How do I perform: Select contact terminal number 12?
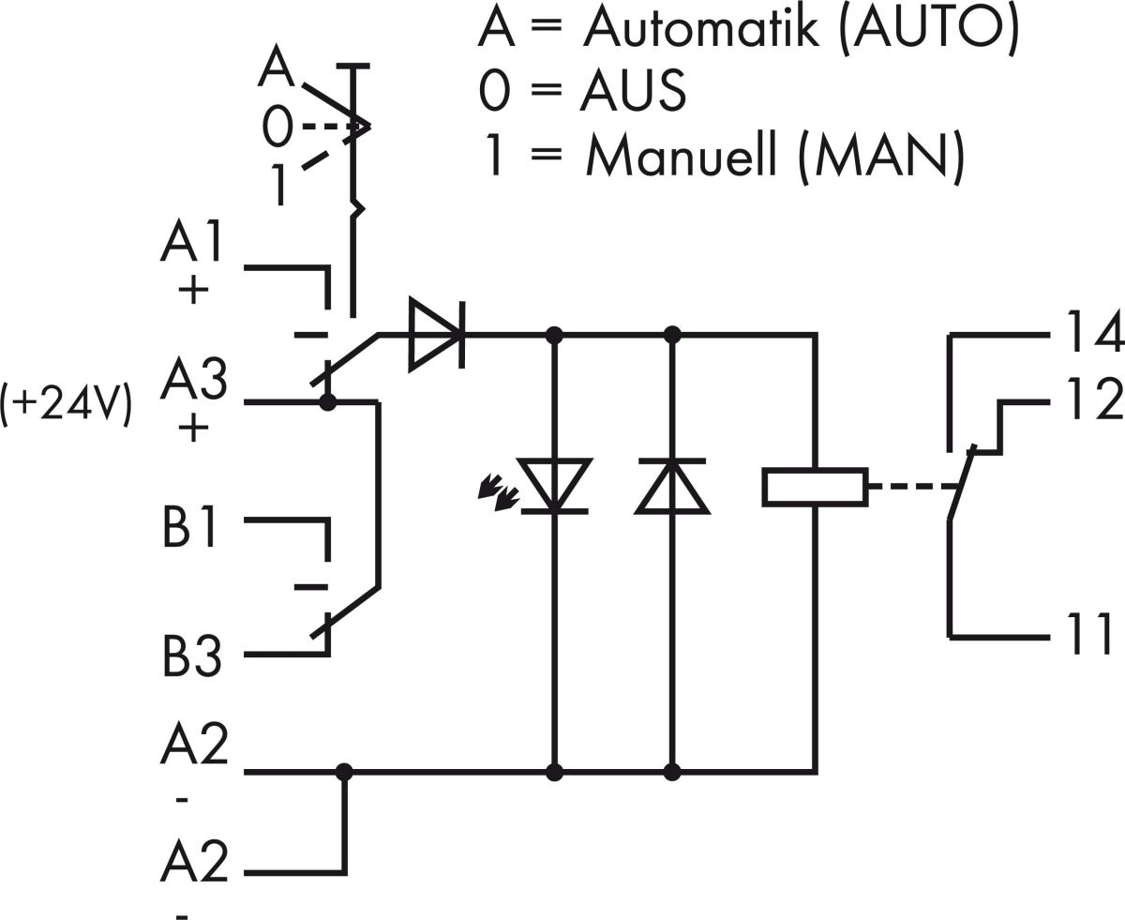[x=1093, y=400]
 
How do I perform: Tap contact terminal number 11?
[x=1090, y=635]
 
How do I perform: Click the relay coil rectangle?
[x=815, y=487]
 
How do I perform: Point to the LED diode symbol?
[x=554, y=486]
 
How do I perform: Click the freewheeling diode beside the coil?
[x=672, y=486]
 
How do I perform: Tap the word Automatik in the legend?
[x=700, y=29]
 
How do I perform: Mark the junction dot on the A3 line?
[x=328, y=403]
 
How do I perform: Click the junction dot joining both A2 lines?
[x=344, y=772]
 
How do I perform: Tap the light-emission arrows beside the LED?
[x=498, y=493]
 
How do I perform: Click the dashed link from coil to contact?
[x=909, y=487]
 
